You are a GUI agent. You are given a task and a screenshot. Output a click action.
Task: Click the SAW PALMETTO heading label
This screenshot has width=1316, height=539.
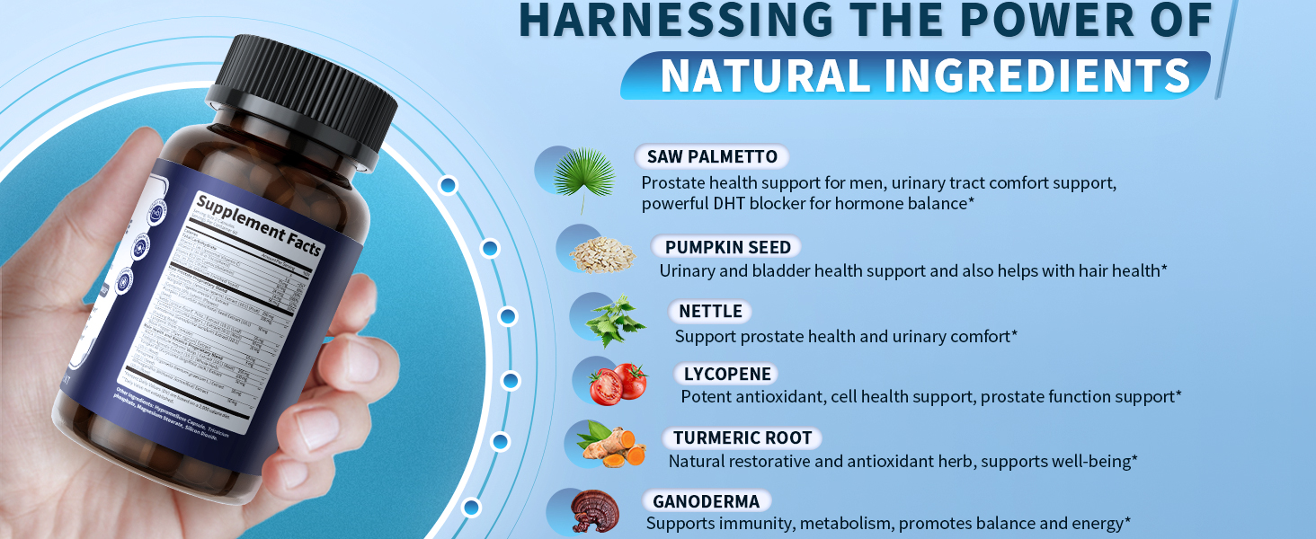pyautogui.click(x=712, y=157)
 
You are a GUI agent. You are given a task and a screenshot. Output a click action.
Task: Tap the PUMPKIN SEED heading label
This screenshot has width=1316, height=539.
pyautogui.click(x=727, y=247)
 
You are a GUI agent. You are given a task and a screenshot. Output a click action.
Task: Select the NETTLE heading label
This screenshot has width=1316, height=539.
pyautogui.click(x=710, y=312)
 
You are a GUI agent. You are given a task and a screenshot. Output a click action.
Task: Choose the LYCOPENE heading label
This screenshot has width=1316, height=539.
pyautogui.click(x=726, y=374)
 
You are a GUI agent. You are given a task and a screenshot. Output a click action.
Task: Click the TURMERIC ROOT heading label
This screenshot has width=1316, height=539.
pyautogui.click(x=742, y=438)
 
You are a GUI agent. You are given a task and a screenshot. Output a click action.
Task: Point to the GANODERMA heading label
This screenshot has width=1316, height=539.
pyautogui.click(x=706, y=501)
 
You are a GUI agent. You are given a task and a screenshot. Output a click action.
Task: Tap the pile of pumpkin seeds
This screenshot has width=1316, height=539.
pyautogui.click(x=601, y=253)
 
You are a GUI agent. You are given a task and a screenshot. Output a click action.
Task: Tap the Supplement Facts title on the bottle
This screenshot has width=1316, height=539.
pyautogui.click(x=259, y=225)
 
